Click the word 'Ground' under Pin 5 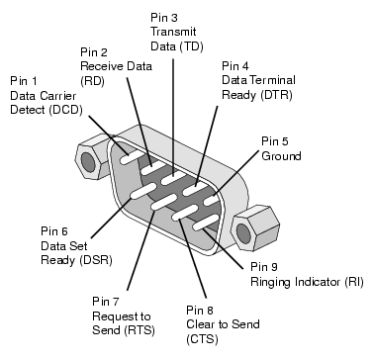[x=281, y=155]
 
